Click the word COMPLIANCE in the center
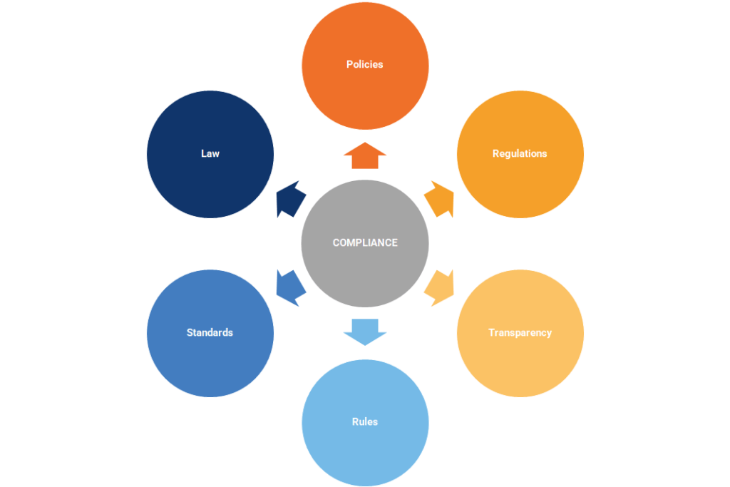point(365,242)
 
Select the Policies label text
point(364,64)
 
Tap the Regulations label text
point(520,153)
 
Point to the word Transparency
point(520,332)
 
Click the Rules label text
point(364,422)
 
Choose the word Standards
point(210,332)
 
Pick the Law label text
point(210,153)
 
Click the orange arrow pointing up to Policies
point(365,156)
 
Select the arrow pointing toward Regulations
point(440,199)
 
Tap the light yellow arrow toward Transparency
point(440,288)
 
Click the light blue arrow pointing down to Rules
point(365,332)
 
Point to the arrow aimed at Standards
point(291,288)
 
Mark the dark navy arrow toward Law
point(291,199)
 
